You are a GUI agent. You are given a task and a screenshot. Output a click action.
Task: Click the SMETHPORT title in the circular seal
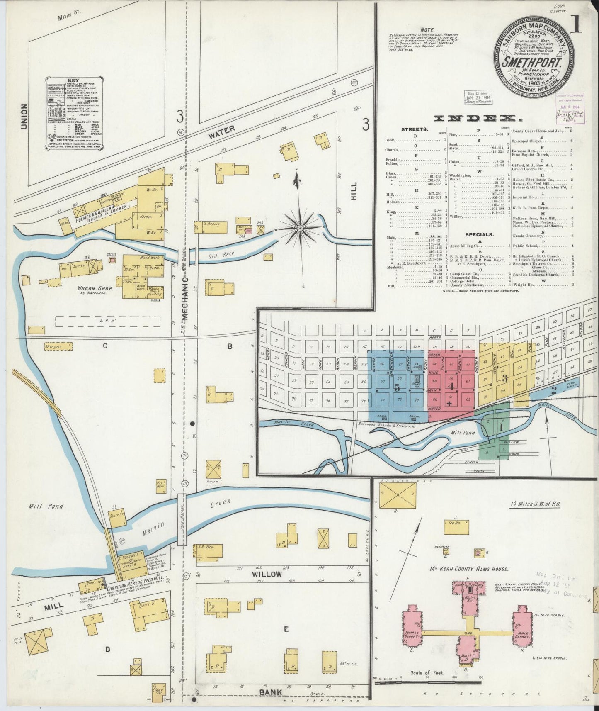(x=533, y=64)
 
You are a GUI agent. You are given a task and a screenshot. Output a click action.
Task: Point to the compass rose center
(x=299, y=228)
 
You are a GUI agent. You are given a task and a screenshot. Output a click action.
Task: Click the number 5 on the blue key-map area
(x=397, y=388)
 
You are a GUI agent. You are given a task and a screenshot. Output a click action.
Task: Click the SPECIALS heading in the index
(x=479, y=234)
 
